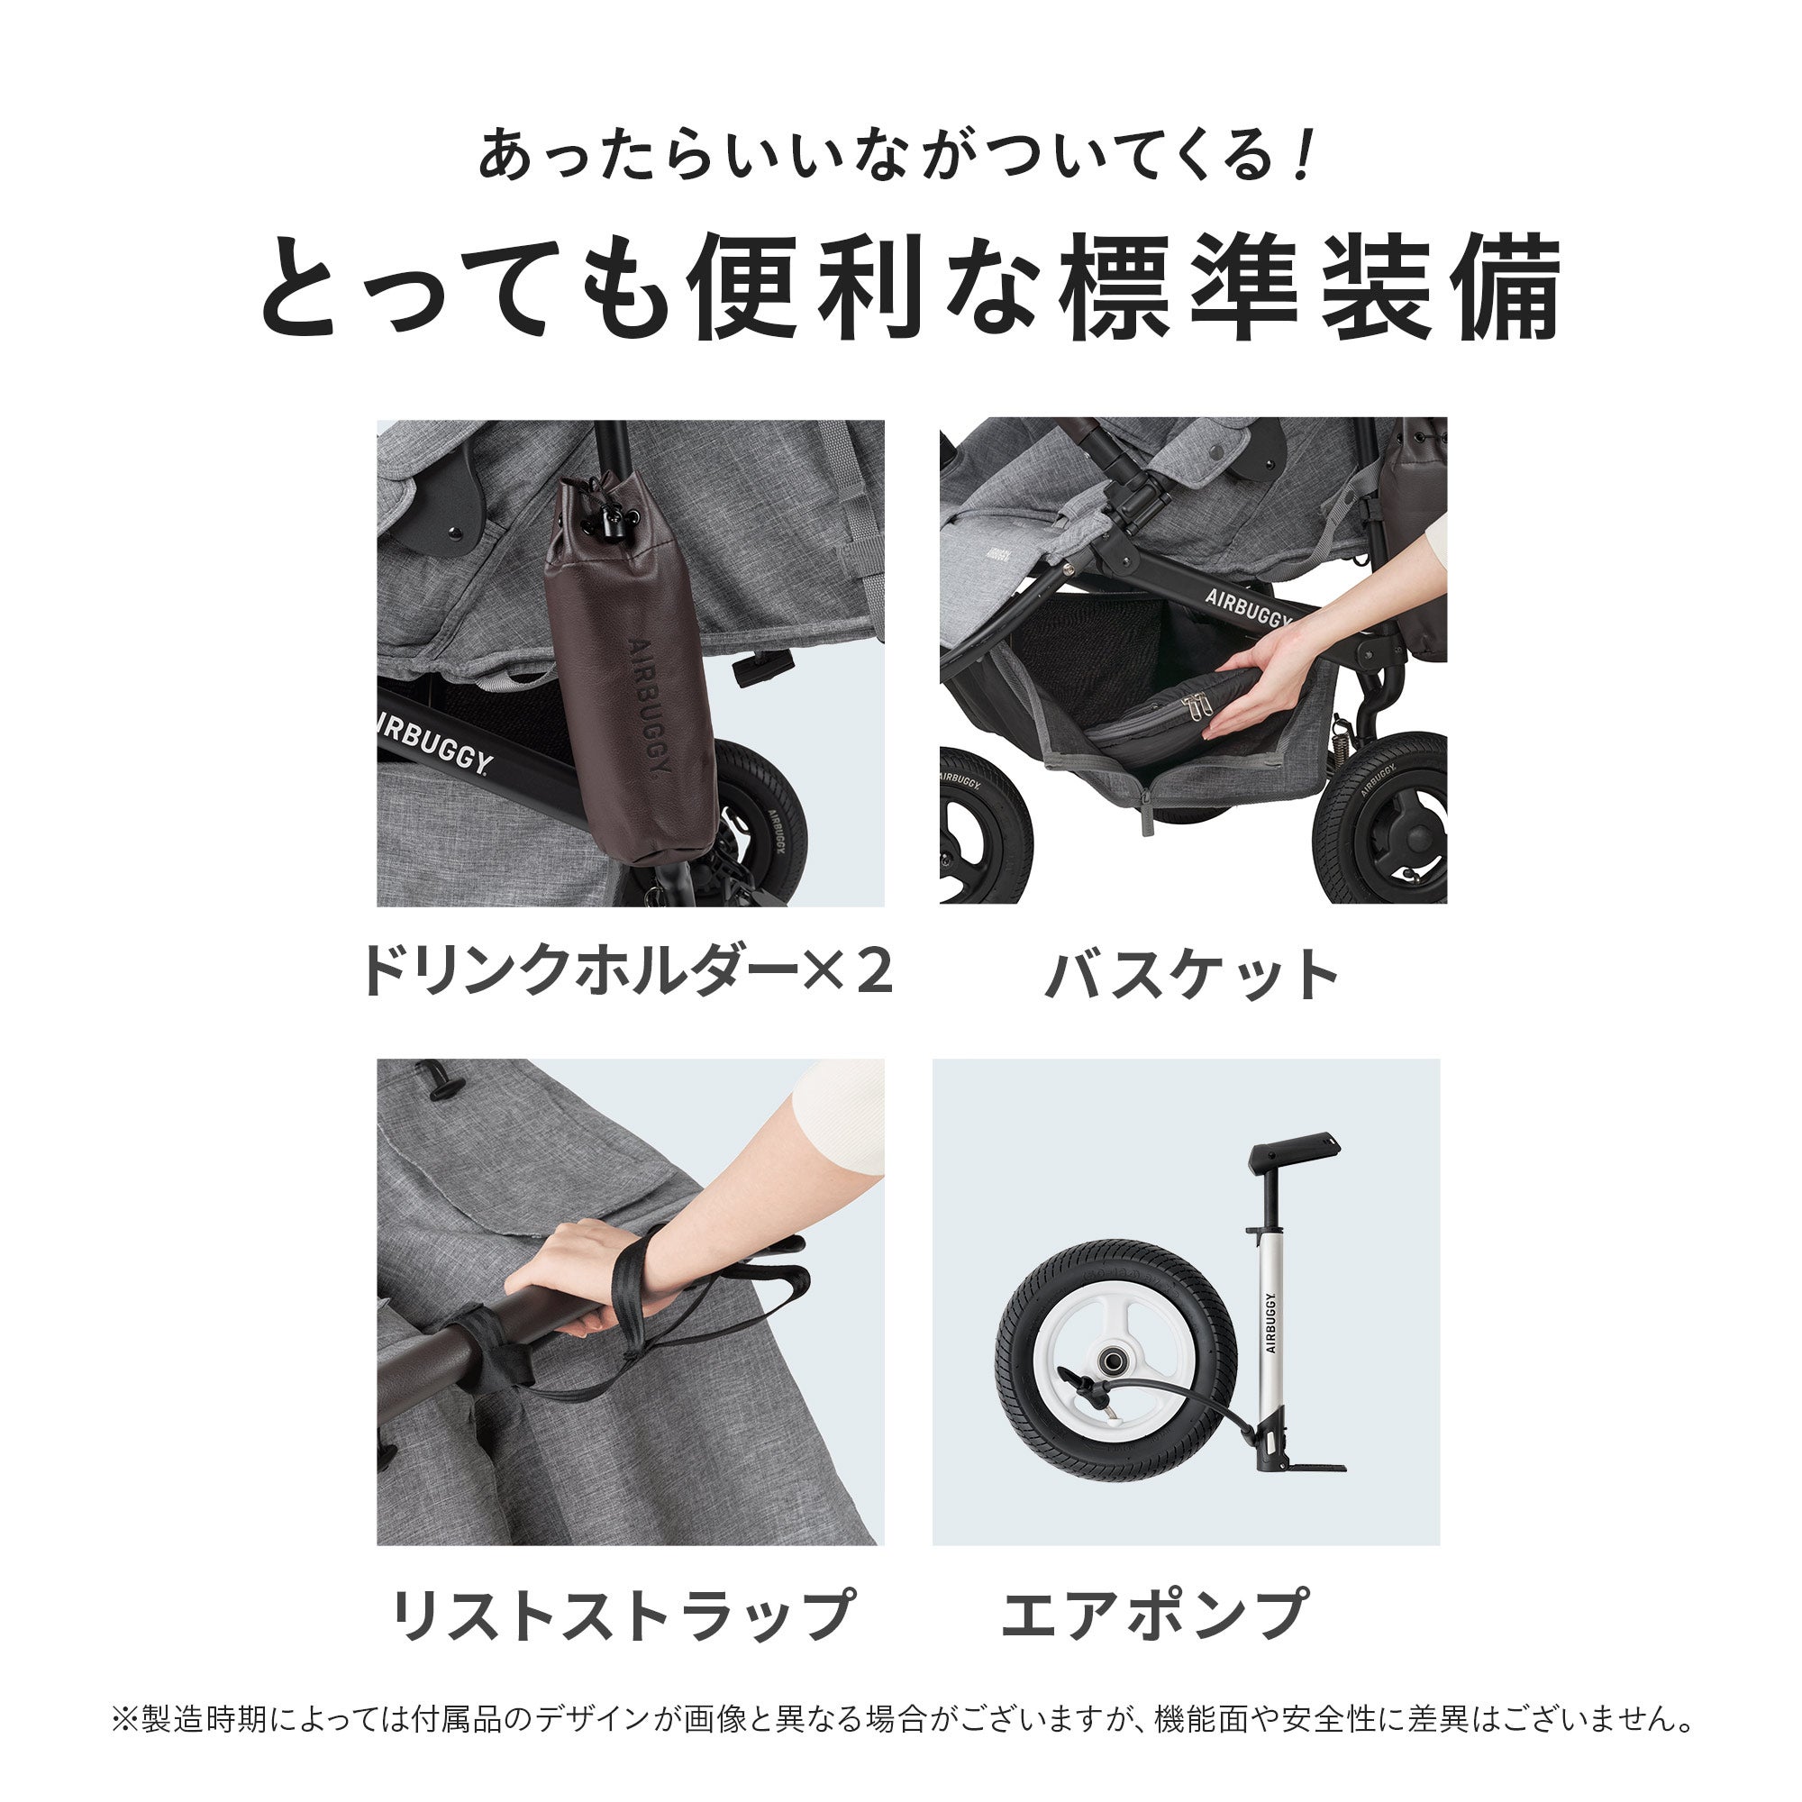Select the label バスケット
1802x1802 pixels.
1193,976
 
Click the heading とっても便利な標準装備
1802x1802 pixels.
909,287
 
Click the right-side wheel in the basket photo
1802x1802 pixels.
1386,821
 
